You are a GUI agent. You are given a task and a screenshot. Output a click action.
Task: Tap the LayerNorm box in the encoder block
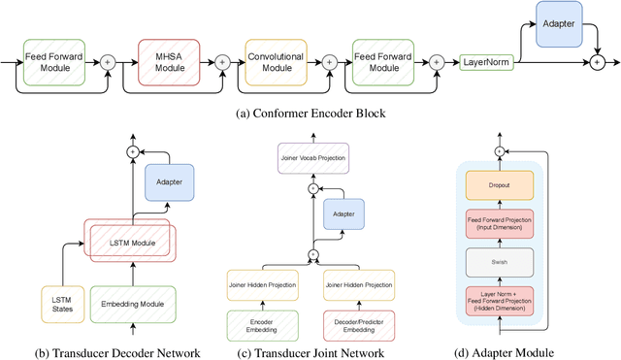coord(485,61)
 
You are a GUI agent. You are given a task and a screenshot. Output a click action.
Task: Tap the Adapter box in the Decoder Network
coord(170,181)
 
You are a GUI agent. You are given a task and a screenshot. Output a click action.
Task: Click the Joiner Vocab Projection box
coord(312,157)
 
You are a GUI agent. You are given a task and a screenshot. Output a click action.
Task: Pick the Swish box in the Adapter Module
coord(500,262)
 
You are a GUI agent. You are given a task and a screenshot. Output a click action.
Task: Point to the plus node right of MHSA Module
coord(222,61)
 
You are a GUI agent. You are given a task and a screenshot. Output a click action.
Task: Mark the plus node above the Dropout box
coord(500,152)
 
